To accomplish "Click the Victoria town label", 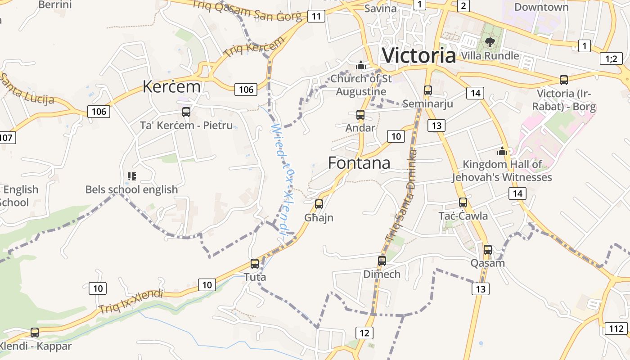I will tap(418, 55).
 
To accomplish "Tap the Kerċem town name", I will tap(171, 86).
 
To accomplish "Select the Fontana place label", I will tap(359, 162).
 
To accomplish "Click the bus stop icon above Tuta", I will tap(255, 264).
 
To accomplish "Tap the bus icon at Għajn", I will tap(319, 204).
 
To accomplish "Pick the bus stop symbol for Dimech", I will tap(382, 261).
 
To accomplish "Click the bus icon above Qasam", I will tap(488, 250).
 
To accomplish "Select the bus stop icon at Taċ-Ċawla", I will tap(463, 202).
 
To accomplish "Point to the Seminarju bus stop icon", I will tap(428, 90).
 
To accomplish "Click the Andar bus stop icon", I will tap(360, 115).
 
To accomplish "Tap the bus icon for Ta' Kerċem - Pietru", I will tap(186, 112).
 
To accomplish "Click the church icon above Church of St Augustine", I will tap(360, 66).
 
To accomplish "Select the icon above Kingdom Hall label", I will tap(502, 151).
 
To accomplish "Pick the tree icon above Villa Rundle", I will tap(490, 42).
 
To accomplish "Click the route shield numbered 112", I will tap(616, 328).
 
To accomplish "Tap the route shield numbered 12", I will tap(364, 333).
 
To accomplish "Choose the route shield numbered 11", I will tap(317, 17).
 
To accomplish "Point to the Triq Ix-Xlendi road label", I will tap(130, 302).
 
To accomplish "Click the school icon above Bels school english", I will tap(131, 176).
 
